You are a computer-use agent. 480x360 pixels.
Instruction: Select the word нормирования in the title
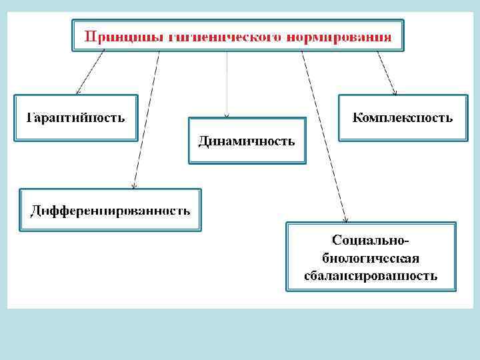click(x=339, y=36)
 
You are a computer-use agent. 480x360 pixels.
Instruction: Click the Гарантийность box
click(x=76, y=118)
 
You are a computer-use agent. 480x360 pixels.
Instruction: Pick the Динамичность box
click(x=247, y=141)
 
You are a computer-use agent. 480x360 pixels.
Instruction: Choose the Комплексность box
click(x=402, y=118)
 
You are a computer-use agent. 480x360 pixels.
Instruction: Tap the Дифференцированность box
click(x=111, y=211)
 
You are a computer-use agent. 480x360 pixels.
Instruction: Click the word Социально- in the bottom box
click(x=371, y=239)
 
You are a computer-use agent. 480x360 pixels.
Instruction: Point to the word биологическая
click(x=371, y=257)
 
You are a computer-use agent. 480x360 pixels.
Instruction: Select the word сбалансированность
click(x=371, y=275)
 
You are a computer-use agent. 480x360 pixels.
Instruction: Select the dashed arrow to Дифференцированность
click(x=146, y=120)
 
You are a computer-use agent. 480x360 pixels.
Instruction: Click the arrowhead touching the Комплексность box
click(x=395, y=91)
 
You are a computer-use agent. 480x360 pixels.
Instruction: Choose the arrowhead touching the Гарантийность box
click(x=78, y=91)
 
